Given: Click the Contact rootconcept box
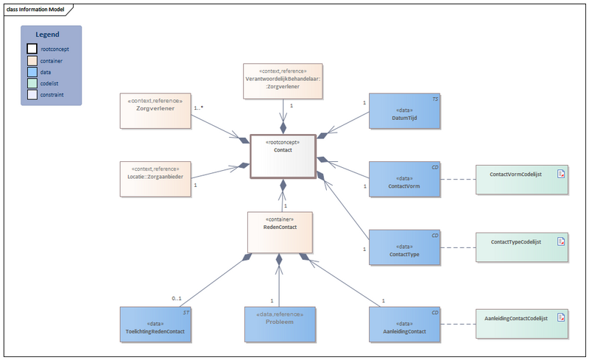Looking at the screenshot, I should tap(283, 156).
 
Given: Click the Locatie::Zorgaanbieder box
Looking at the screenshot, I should tap(155, 178).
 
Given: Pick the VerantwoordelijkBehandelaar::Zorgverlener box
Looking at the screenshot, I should tap(283, 81).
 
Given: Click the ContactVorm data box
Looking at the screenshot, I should tap(404, 181).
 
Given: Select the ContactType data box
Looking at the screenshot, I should tap(404, 248).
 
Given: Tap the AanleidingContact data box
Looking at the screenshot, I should tap(404, 325).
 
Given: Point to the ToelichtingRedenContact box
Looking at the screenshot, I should tap(155, 325).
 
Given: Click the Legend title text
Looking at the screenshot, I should tap(51, 35).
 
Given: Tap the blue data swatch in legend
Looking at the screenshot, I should tap(32, 72).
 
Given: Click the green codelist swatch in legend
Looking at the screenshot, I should tap(32, 84).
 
